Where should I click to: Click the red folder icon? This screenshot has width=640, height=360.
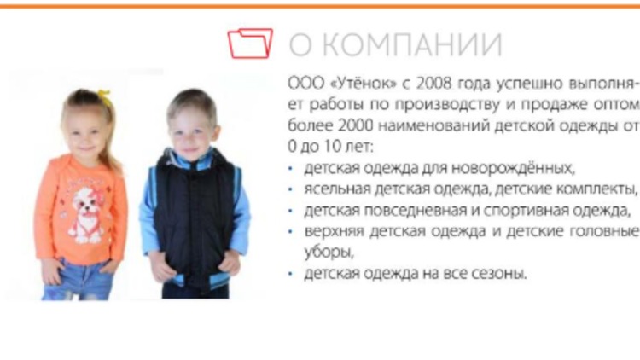(250, 43)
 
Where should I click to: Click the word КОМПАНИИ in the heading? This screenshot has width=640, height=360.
(415, 44)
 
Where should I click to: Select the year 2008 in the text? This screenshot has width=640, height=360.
(433, 84)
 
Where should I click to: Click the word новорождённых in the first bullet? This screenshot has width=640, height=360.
(513, 168)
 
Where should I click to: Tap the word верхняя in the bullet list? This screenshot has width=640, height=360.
(334, 231)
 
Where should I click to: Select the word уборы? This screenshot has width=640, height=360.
(329, 253)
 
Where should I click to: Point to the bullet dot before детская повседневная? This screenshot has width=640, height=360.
(290, 211)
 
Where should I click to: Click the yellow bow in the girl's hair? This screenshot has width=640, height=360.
(104, 97)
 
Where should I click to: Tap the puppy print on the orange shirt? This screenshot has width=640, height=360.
(87, 214)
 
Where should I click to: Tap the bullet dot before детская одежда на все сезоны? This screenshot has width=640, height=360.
(290, 274)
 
